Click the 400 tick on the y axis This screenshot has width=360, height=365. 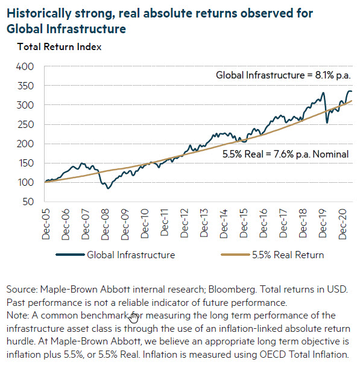(x=25, y=67)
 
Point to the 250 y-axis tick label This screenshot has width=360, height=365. (x=25, y=124)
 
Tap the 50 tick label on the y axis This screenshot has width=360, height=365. (x=28, y=202)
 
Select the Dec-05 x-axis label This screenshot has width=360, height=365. (x=46, y=224)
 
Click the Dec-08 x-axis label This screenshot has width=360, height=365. (x=105, y=224)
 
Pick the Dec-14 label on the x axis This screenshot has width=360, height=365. (x=224, y=224)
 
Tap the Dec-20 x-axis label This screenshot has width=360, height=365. (x=343, y=224)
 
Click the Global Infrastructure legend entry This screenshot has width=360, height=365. (x=115, y=255)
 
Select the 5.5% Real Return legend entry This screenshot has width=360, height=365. (x=273, y=255)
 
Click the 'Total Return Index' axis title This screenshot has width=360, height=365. (x=59, y=47)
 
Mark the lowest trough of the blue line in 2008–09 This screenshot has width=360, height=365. (x=108, y=188)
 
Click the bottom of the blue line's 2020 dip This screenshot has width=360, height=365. (x=327, y=122)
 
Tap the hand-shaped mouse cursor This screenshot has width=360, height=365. (x=134, y=318)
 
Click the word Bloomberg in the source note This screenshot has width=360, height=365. (x=232, y=290)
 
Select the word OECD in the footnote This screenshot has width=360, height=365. (x=273, y=355)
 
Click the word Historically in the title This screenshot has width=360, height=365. (x=39, y=13)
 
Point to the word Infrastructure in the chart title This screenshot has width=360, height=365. (x=86, y=29)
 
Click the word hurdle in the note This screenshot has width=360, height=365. (x=21, y=341)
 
